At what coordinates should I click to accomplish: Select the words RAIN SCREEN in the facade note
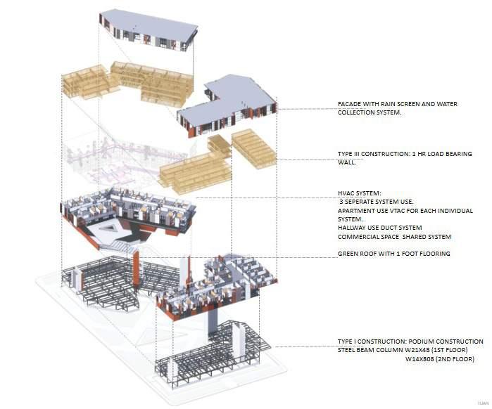(395, 105)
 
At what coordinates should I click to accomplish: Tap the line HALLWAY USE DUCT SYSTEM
(379, 228)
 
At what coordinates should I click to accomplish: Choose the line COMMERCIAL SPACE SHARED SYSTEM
(394, 237)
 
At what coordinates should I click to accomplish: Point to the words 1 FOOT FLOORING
(429, 254)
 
